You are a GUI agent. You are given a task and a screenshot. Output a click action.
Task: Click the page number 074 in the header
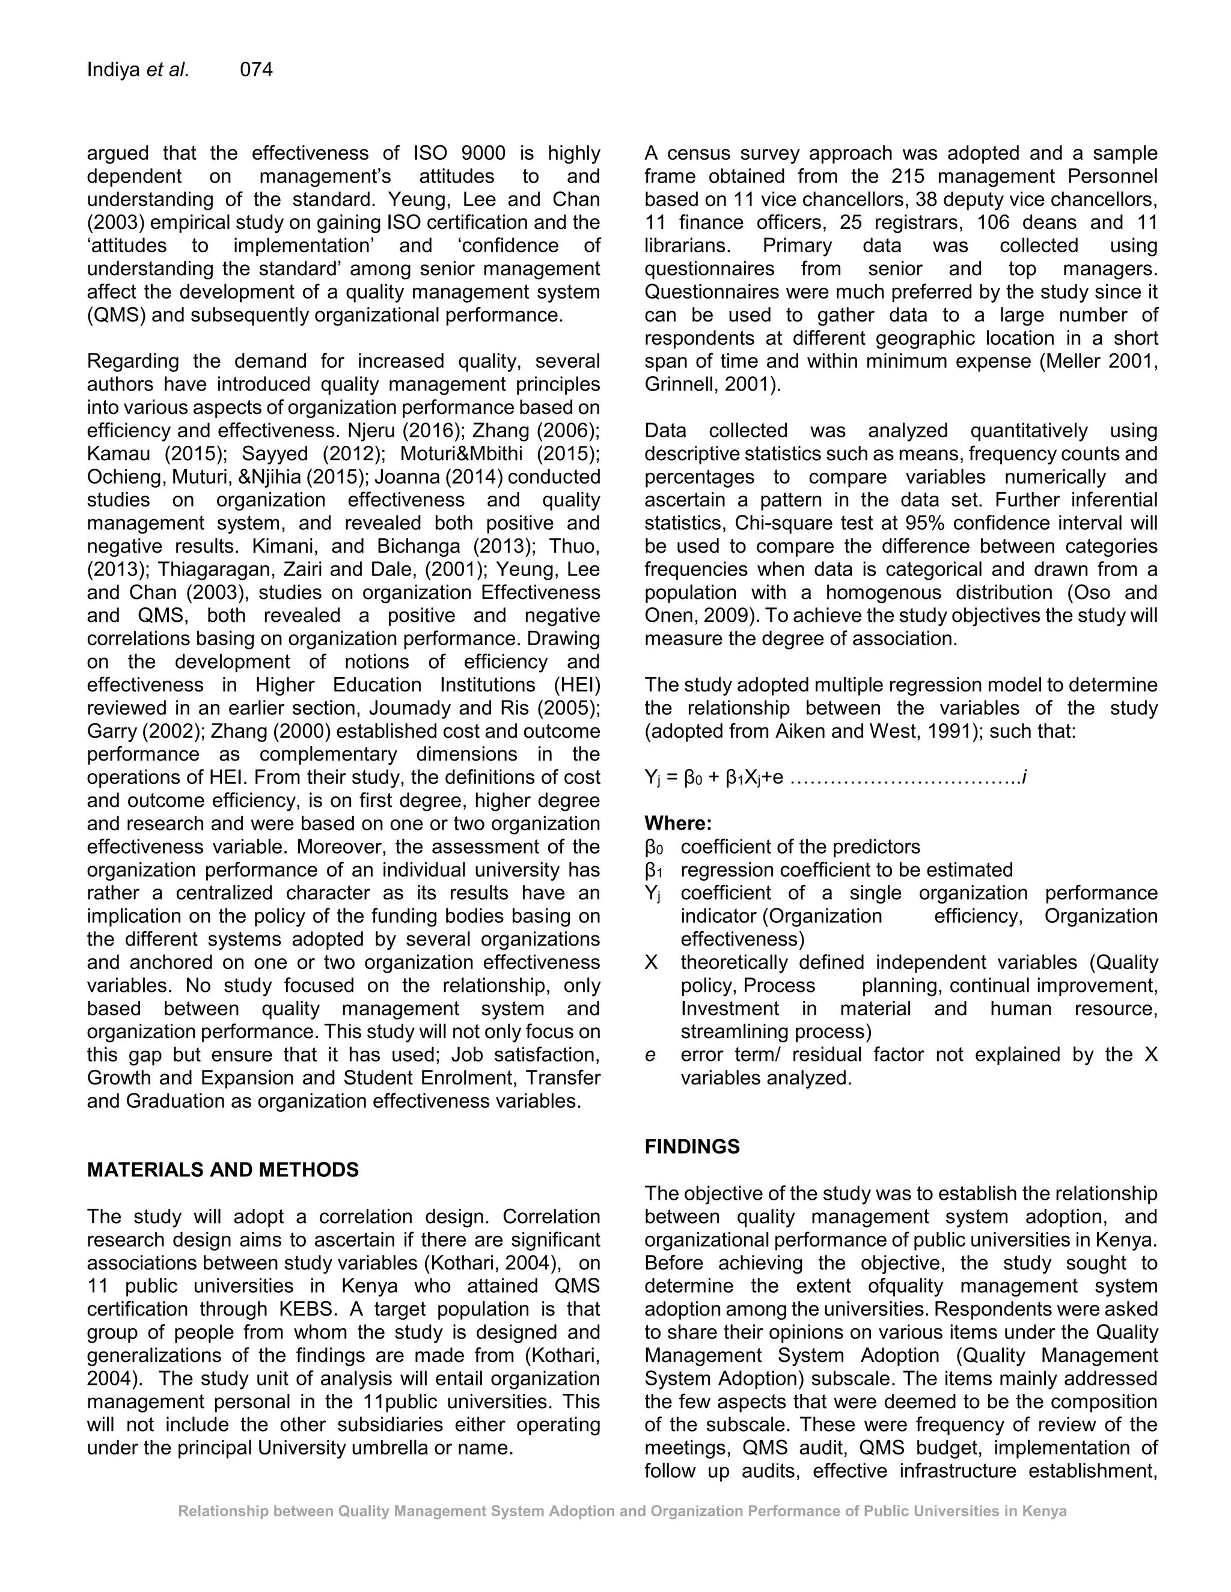point(256,70)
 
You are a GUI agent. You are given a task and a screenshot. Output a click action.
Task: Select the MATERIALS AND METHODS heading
point(222,1170)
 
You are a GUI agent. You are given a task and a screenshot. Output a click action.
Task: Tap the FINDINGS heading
point(691,1147)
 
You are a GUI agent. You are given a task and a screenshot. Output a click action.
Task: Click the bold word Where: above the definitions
point(677,824)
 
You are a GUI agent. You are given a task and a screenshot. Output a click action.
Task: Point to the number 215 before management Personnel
point(906,177)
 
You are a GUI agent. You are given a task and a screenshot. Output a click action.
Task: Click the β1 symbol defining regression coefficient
point(653,870)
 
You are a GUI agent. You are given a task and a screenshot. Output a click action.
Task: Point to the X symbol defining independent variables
point(650,962)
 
